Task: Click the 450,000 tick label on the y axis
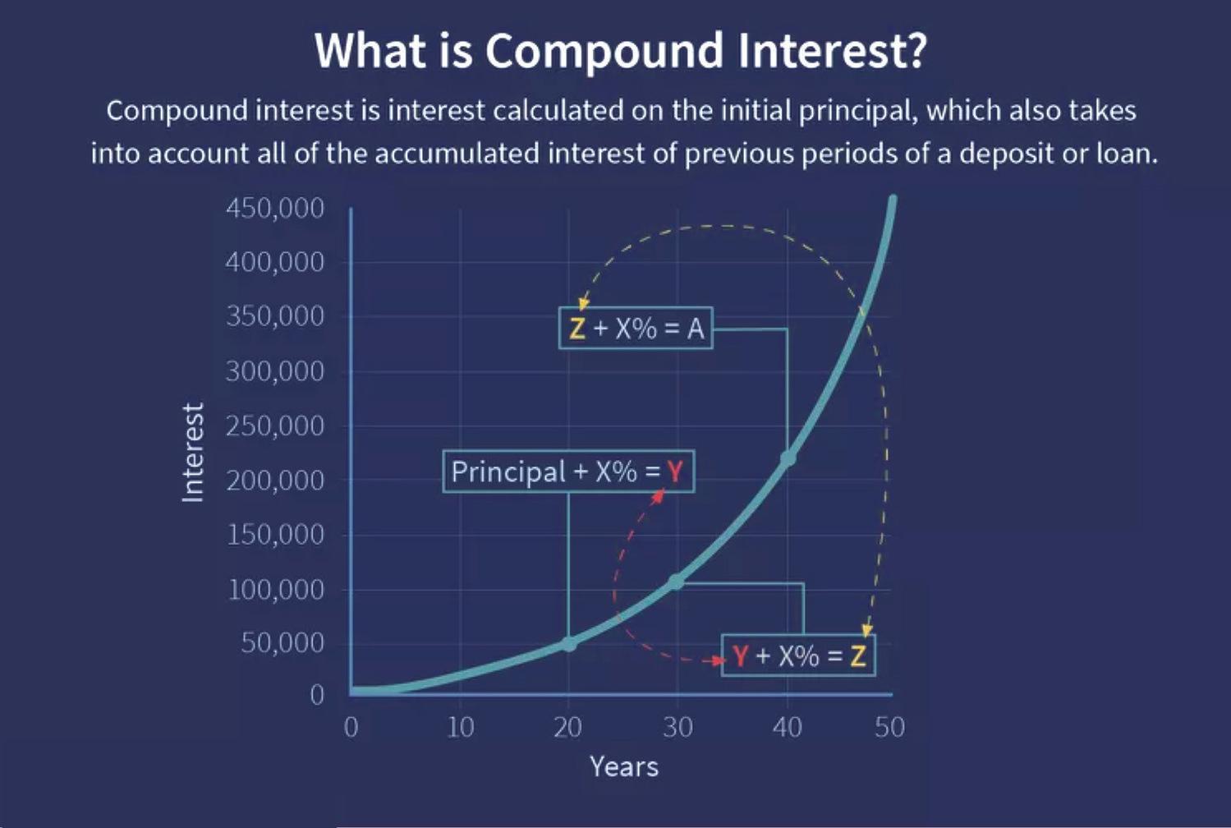275,209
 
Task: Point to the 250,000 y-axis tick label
275,426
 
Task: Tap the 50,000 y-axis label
282,642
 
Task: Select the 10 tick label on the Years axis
460,728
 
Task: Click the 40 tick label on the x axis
787,728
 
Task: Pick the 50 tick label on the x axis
889,728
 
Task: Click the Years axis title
624,766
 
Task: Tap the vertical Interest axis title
193,453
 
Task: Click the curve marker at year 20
569,644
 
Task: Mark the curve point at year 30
675,582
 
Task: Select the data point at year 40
788,458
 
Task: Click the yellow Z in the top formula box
577,329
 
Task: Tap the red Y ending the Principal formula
675,471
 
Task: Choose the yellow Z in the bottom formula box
858,656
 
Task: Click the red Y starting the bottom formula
741,656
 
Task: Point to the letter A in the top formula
696,329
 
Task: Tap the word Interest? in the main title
832,50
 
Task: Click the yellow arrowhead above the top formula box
583,303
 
